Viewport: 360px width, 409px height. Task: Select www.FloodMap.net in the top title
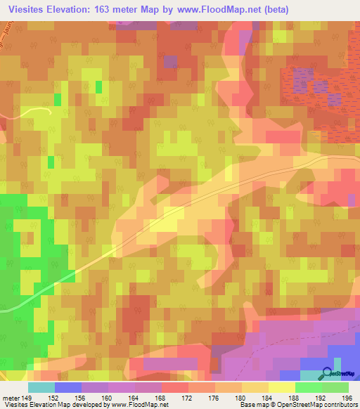221,10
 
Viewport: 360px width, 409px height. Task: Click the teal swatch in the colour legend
41,387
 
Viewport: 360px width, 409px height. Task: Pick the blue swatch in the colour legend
67,387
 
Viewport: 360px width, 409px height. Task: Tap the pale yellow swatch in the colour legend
281,387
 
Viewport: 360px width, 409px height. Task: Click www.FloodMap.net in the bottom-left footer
139,405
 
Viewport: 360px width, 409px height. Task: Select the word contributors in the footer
337,405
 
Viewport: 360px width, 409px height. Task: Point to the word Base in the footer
247,405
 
